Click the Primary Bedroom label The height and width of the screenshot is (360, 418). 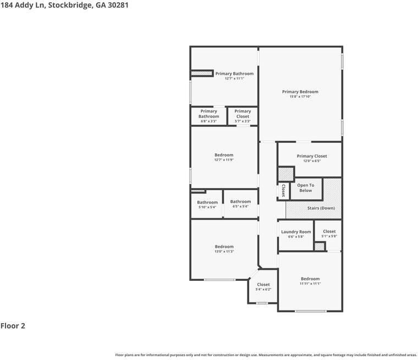[300, 92]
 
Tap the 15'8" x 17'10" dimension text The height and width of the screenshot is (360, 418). [300, 97]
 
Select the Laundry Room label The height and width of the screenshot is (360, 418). [296, 232]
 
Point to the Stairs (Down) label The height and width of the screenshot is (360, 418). [321, 208]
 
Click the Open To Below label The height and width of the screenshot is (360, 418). [306, 188]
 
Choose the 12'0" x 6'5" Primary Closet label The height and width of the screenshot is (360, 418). [312, 156]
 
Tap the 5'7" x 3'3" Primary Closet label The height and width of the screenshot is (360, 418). [243, 114]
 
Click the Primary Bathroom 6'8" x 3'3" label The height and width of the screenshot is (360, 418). [208, 114]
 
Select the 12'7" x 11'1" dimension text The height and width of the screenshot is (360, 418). [234, 79]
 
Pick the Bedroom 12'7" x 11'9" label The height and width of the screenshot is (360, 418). [224, 155]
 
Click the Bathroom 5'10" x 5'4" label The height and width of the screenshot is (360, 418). [207, 203]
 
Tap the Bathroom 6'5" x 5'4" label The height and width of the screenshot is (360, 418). [240, 202]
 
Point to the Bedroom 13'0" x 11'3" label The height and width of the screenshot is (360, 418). [224, 247]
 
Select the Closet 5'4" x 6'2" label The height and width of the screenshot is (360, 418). [263, 285]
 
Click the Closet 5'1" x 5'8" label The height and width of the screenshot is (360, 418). [329, 232]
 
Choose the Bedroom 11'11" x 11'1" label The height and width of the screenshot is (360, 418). [310, 279]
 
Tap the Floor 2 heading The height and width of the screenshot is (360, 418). [13, 325]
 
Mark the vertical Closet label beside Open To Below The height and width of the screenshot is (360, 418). [283, 191]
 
